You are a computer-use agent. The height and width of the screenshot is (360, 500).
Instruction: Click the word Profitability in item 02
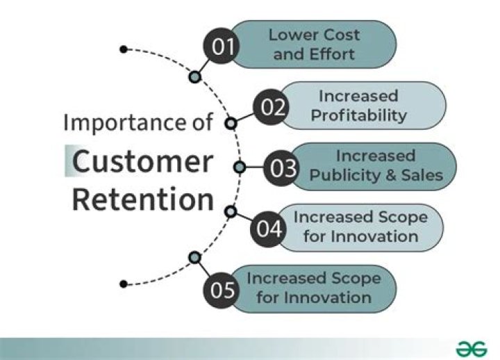pyautogui.click(x=358, y=115)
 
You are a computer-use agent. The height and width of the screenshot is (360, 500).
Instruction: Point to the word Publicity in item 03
pyautogui.click(x=342, y=175)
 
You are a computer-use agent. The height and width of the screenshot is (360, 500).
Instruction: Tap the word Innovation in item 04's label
pyautogui.click(x=375, y=236)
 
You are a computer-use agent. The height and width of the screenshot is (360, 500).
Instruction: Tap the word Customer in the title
pyautogui.click(x=143, y=161)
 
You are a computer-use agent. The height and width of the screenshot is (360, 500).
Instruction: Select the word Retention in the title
pyautogui.click(x=143, y=199)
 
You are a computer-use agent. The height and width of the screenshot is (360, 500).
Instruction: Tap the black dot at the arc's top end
pyautogui.click(x=123, y=49)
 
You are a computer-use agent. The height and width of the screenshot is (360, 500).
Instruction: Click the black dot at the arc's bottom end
pyautogui.click(x=123, y=284)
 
